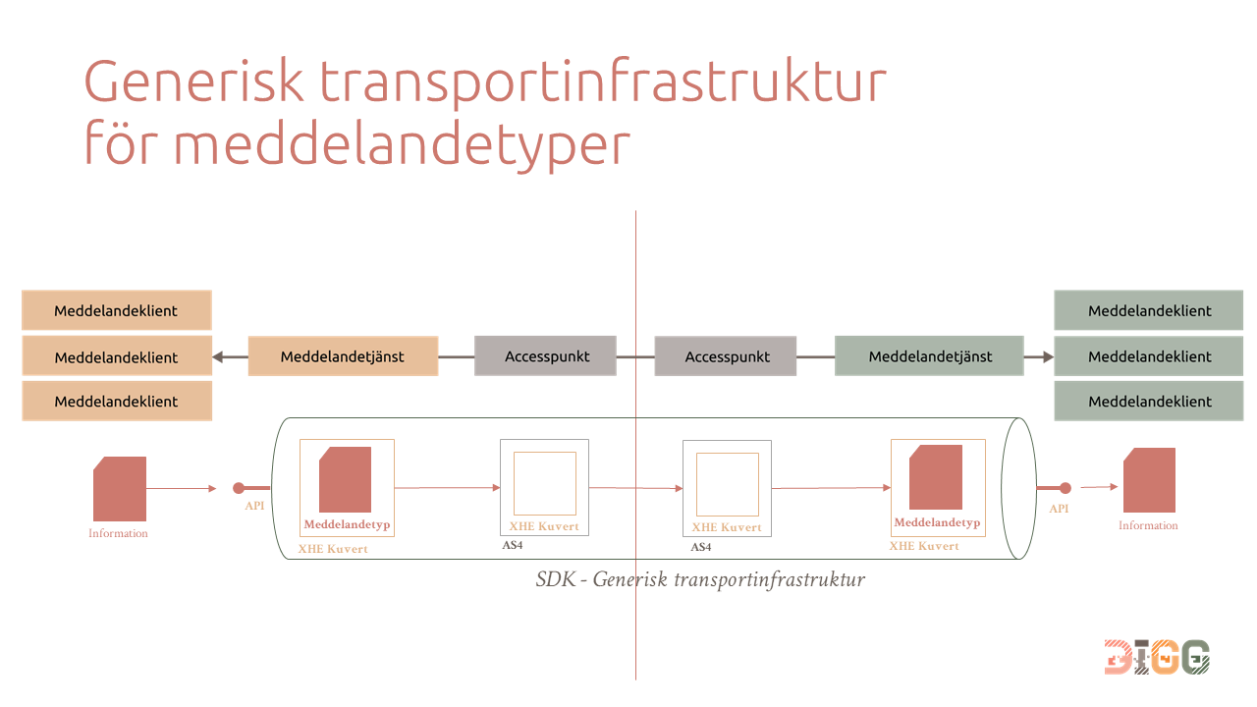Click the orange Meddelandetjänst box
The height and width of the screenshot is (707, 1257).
(343, 355)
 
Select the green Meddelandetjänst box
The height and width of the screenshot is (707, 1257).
(929, 355)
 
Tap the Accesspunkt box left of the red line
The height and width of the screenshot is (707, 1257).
(545, 355)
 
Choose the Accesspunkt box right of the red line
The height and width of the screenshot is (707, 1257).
(726, 355)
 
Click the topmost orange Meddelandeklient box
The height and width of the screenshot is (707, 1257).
(117, 309)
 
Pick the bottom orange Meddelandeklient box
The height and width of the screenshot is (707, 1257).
(117, 401)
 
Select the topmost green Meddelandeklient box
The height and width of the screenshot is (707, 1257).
(1149, 309)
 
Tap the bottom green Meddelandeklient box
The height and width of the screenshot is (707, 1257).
(1149, 401)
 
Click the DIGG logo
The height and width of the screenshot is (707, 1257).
(1157, 657)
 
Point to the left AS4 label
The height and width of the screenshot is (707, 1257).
(513, 545)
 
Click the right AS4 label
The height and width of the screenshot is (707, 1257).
(701, 547)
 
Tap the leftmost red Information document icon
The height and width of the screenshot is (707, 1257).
(120, 489)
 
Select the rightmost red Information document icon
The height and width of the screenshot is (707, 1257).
(1149, 480)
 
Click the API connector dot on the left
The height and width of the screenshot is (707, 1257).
(239, 488)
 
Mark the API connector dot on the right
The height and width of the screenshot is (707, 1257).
(1066, 488)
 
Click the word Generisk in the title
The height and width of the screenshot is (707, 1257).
(194, 82)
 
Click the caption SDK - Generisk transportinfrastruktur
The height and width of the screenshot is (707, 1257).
(700, 579)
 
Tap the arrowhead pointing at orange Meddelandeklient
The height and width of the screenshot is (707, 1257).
(218, 356)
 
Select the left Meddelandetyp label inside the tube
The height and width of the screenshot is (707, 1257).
(347, 524)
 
